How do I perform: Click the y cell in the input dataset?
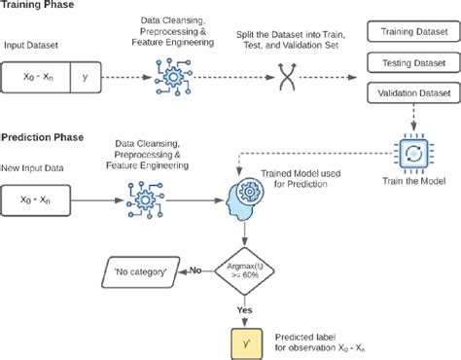point(84,74)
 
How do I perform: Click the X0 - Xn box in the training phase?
point(38,74)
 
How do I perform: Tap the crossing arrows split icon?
point(287,76)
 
